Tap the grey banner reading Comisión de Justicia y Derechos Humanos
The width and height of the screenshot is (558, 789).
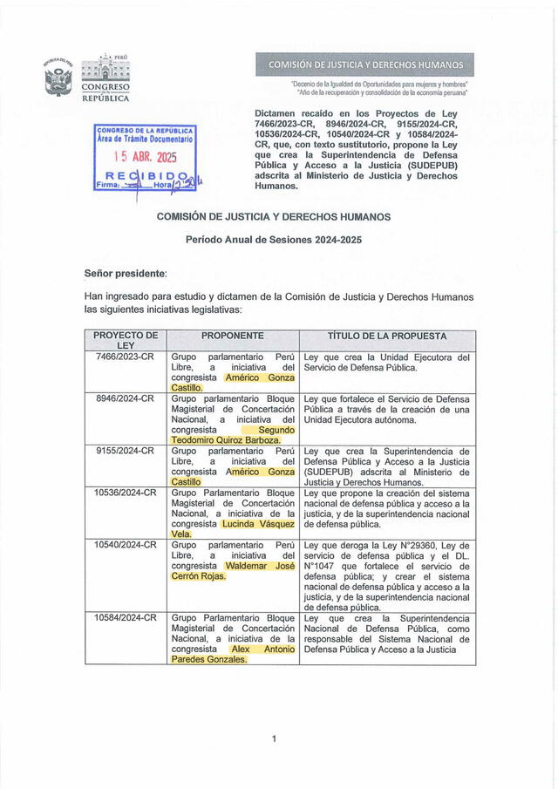coord(365,65)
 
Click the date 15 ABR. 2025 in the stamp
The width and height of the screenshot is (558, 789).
coord(146,158)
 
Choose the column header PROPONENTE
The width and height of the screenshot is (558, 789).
coord(232,336)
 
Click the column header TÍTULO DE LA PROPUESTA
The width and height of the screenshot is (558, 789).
coord(387,336)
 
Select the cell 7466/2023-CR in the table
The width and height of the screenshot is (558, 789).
coord(126,357)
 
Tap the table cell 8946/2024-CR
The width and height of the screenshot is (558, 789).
coord(126,398)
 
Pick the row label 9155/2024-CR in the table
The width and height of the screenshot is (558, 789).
coord(126,451)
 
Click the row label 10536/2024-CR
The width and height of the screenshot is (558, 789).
coord(126,493)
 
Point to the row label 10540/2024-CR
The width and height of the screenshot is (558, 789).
coord(126,545)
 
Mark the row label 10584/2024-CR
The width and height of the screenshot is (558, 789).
coord(126,618)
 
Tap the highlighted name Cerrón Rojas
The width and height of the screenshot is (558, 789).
coord(198,576)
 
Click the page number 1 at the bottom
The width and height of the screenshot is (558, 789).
coord(274,739)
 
